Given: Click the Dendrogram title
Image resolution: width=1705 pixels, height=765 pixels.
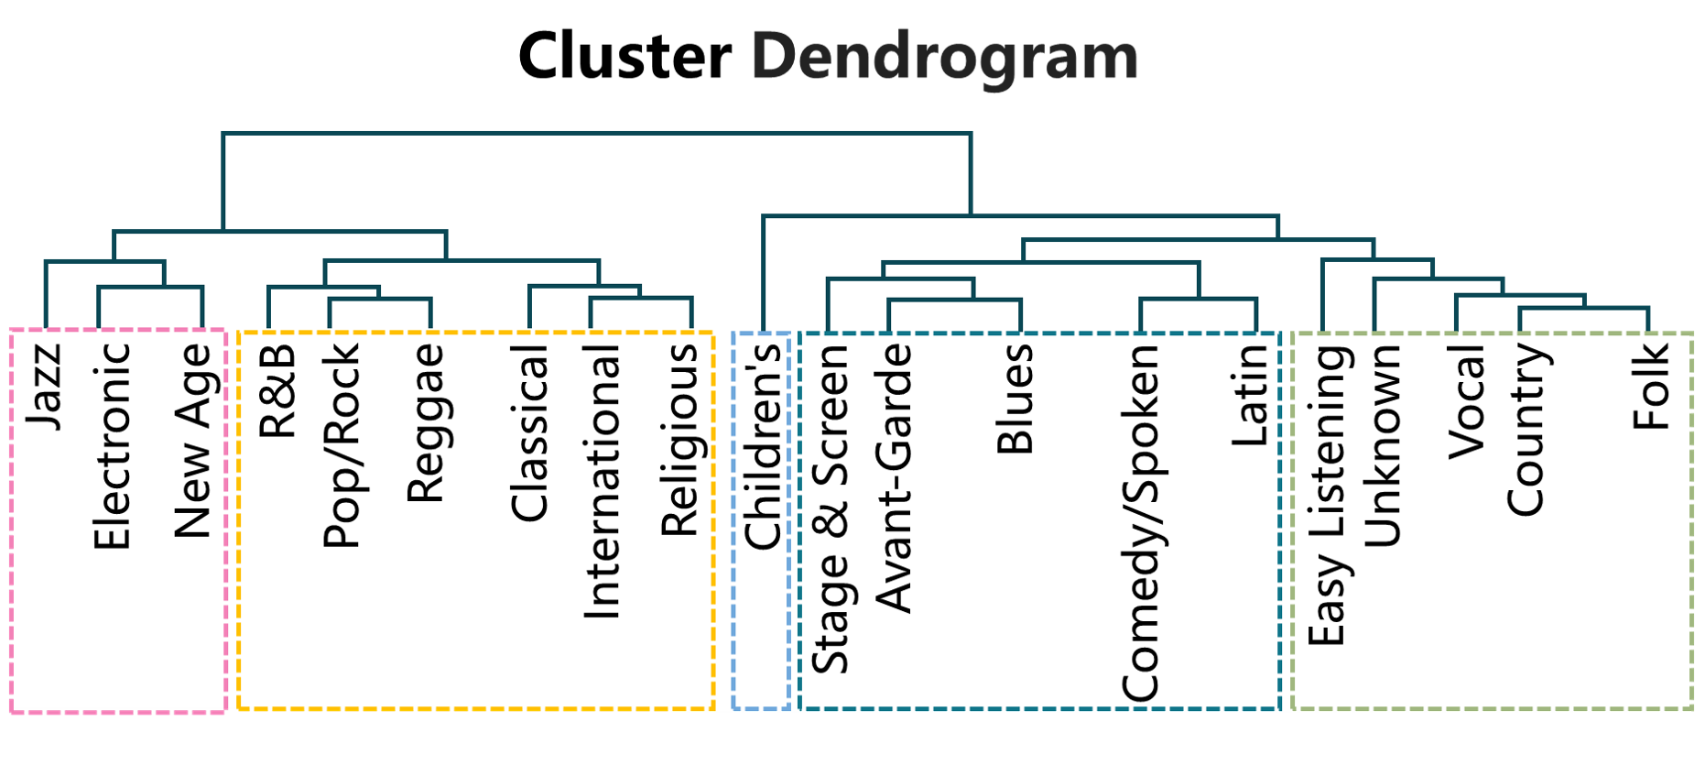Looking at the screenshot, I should click(944, 57).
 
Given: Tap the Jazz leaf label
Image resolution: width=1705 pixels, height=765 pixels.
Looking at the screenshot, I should click(44, 387).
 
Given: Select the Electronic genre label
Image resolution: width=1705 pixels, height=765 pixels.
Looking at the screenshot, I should click(112, 446).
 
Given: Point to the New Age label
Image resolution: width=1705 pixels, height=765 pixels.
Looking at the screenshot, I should click(193, 441).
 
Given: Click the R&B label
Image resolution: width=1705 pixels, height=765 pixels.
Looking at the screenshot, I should click(278, 390).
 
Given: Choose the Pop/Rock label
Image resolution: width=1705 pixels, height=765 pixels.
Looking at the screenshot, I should click(342, 446).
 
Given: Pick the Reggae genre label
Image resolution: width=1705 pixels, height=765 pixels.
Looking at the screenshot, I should click(425, 423).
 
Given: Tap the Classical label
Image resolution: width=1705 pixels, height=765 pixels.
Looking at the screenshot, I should click(529, 433).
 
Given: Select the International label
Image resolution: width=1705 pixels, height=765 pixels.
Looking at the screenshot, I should click(603, 482).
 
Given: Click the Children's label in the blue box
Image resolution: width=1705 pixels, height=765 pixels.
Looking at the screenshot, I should click(763, 446).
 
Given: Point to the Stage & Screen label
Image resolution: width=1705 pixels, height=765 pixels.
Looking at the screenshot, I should click(831, 509).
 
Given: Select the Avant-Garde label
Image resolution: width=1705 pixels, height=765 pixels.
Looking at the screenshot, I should click(895, 477).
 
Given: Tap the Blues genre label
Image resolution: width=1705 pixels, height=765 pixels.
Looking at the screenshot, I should click(1015, 399).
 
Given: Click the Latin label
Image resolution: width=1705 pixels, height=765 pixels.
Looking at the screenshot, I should click(1251, 396).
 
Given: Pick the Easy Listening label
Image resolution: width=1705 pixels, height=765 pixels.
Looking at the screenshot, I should click(1327, 496).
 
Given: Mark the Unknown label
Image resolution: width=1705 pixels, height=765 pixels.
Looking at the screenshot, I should click(1383, 446).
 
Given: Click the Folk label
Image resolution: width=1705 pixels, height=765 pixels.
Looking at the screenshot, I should click(1651, 387).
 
